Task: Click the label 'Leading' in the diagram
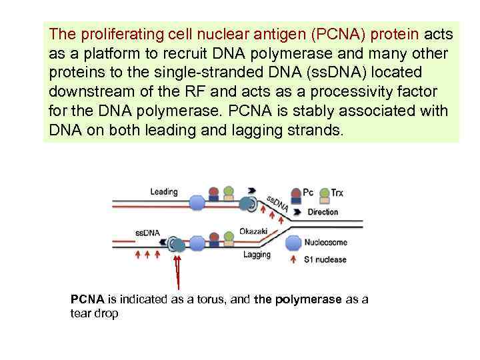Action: (164, 192)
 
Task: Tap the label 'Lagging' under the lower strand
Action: (257, 254)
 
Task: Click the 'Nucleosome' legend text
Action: (325, 242)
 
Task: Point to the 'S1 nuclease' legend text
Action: (325, 259)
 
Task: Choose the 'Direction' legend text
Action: (323, 212)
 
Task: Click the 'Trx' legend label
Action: (337, 193)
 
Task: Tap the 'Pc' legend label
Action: (308, 193)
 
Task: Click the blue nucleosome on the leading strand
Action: (197, 203)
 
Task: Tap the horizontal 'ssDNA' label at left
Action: (147, 233)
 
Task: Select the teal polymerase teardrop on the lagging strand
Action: (179, 245)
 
